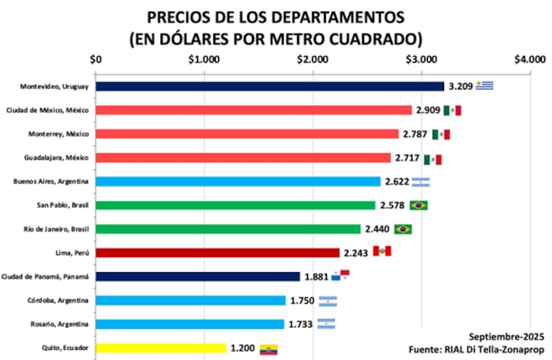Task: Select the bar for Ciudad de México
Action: [x=253, y=110]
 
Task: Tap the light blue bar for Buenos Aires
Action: [x=238, y=181]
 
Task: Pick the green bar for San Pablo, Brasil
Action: [x=235, y=205]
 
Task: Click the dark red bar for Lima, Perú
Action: [x=217, y=253]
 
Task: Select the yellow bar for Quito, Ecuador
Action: [x=161, y=348]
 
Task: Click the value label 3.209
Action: [x=460, y=86]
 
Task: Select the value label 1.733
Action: [x=300, y=325]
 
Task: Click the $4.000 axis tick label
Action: [x=530, y=60]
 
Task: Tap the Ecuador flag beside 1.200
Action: [x=268, y=348]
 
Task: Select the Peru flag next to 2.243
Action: [x=381, y=251]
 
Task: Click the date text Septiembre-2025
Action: [x=507, y=336]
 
